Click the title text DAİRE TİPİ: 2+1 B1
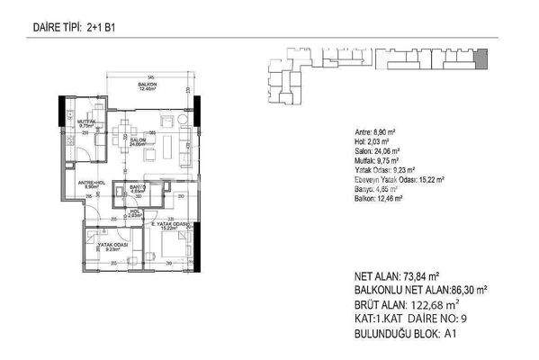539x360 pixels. point(67,28)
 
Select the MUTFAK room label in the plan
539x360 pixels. point(86,121)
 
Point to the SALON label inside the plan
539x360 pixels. point(138,142)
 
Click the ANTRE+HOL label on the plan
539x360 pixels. point(89,184)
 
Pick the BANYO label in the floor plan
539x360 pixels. point(137,188)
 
